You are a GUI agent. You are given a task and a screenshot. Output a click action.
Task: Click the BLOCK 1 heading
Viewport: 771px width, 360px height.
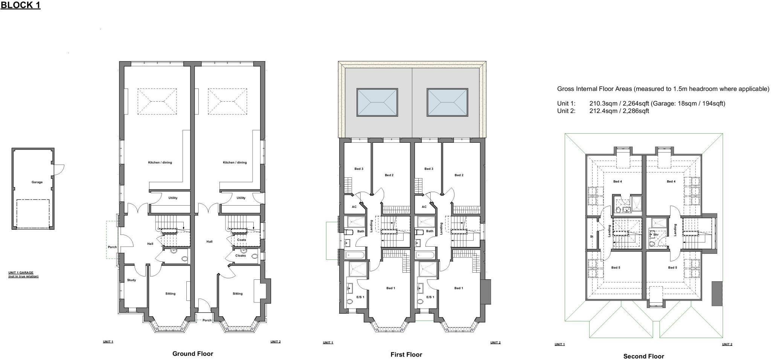coord(20,5)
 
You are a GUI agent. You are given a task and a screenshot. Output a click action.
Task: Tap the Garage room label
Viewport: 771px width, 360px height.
coord(37,182)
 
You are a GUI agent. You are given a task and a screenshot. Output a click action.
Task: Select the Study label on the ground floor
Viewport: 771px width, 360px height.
coord(131,280)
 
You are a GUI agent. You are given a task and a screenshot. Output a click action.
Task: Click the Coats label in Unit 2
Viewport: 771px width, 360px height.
coord(241,240)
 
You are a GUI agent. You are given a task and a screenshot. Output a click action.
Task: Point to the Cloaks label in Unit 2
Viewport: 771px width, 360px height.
coord(241,256)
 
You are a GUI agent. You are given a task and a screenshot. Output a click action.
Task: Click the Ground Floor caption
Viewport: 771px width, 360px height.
coord(193,354)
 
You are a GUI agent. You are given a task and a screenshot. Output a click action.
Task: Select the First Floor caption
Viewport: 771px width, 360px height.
coord(406,354)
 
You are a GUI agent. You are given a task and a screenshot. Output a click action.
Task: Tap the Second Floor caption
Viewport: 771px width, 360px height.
coord(643,356)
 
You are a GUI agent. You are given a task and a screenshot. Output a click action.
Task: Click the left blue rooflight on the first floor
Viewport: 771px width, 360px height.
coord(377,102)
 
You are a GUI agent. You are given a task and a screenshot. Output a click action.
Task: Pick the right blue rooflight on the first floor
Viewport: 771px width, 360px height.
coord(447,102)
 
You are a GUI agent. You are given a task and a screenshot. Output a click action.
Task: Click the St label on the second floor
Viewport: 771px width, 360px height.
coord(591,236)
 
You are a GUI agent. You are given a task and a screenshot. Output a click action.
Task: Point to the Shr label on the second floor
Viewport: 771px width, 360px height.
coord(656,235)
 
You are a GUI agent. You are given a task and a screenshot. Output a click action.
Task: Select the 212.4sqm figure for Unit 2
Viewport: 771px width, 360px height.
coord(602,111)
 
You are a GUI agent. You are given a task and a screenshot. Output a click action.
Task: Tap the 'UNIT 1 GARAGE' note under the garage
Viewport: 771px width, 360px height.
coord(21,273)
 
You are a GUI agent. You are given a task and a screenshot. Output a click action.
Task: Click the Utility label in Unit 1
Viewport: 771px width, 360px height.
coord(173,198)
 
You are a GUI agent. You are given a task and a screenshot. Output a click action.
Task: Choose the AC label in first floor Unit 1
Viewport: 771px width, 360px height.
coord(354,207)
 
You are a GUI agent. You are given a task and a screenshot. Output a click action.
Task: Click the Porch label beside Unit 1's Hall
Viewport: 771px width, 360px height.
coord(112,247)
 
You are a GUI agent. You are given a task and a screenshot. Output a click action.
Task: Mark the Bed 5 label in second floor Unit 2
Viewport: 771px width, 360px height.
coord(672,268)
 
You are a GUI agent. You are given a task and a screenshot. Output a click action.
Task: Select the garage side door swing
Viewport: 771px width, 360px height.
coord(59,170)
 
